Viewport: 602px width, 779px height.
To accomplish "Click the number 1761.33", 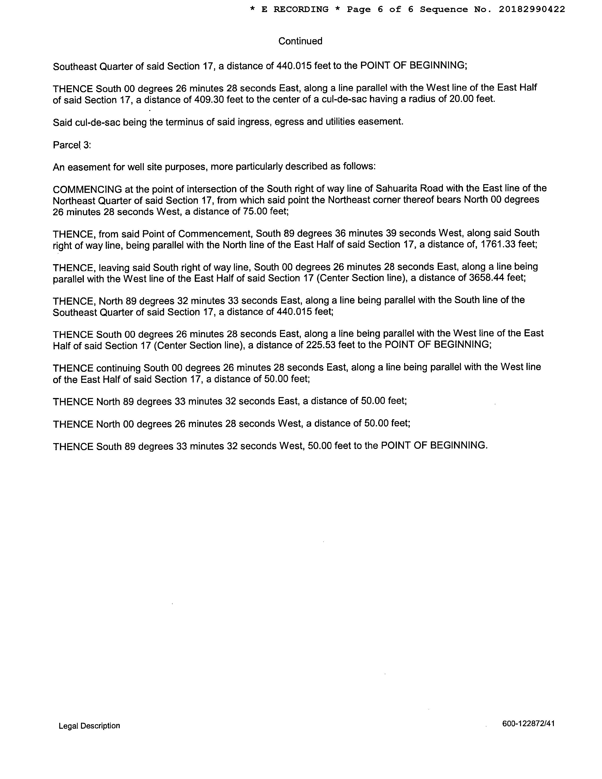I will (497, 245).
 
